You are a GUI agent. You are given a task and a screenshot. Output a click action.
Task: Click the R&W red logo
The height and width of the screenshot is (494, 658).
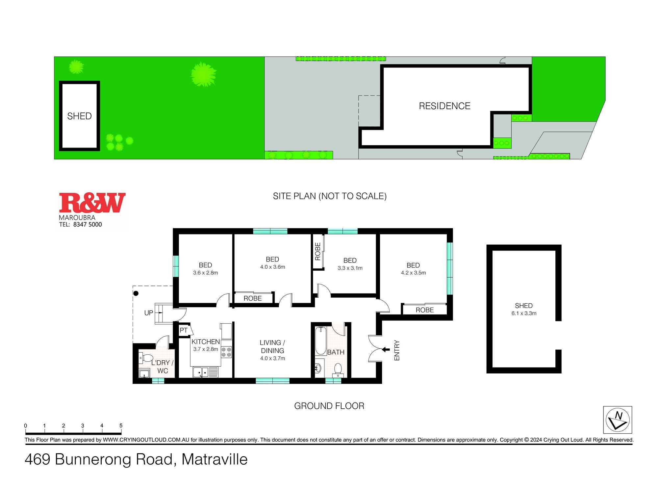click(x=92, y=203)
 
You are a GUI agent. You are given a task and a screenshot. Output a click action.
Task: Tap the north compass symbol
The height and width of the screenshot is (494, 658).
click(x=617, y=420)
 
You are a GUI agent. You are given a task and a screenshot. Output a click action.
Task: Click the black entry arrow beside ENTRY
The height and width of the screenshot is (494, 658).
click(x=385, y=349)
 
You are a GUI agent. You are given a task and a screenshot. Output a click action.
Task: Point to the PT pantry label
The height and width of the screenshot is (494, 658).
click(x=184, y=330)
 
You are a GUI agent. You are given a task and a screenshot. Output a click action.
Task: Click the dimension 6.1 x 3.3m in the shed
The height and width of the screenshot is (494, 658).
click(x=524, y=313)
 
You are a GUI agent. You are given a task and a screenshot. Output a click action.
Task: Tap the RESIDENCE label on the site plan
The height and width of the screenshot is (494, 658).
click(x=444, y=106)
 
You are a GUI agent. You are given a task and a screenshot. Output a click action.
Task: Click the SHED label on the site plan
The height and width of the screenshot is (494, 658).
click(x=79, y=116)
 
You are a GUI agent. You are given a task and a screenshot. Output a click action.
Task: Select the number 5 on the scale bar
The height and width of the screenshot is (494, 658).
click(x=121, y=425)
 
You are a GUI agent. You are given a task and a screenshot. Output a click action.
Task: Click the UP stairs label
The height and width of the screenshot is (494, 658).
click(x=148, y=313)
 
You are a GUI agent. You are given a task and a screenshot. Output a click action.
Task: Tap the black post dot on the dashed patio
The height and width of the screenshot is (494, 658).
click(x=136, y=293)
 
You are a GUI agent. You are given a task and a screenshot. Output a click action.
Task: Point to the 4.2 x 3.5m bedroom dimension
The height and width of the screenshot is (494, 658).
click(x=413, y=273)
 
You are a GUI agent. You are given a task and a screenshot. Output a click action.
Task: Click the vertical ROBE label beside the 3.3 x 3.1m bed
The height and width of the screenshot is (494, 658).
click(x=317, y=252)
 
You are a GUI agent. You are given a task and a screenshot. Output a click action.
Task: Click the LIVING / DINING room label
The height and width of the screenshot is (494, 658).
click(x=272, y=346)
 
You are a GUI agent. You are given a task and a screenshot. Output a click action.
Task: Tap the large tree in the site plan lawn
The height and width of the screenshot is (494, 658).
click(x=203, y=74)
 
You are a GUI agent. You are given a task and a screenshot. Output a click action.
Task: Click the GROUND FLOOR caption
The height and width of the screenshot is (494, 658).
click(x=329, y=406)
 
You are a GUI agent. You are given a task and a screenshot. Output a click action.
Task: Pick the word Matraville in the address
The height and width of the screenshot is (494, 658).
click(x=215, y=459)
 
